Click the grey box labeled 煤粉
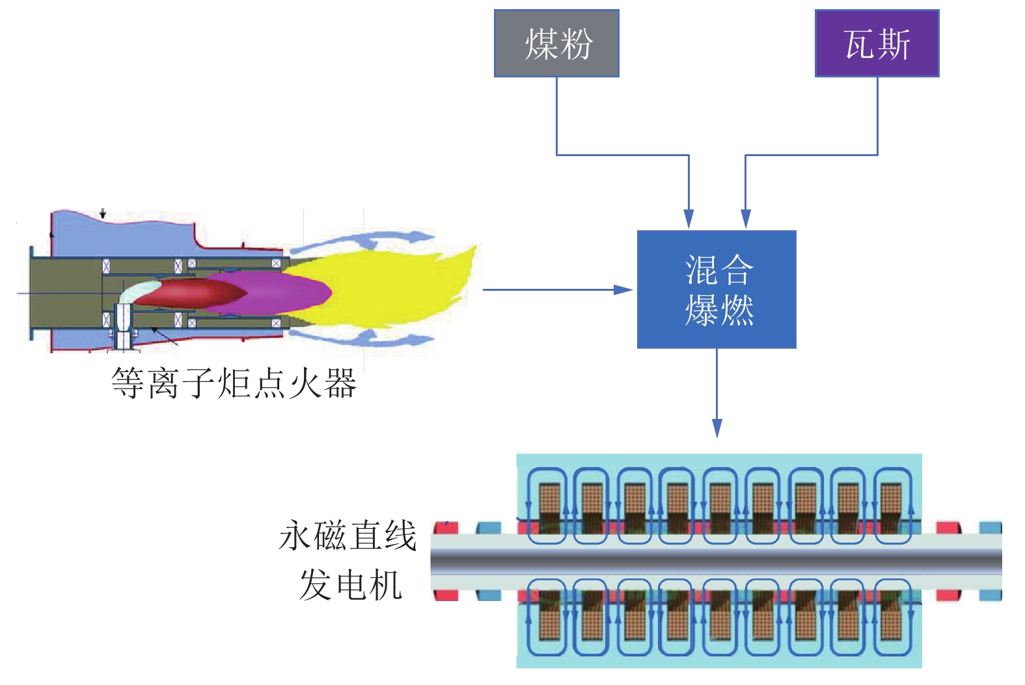[x=556, y=44]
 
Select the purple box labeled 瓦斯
[x=877, y=44]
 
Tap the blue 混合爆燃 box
[x=717, y=289]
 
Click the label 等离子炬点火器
[x=234, y=383]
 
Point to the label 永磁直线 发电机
[x=349, y=559]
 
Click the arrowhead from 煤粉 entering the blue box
[x=689, y=219]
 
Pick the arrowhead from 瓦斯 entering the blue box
[x=746, y=219]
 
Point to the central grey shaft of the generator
[x=716, y=561]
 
